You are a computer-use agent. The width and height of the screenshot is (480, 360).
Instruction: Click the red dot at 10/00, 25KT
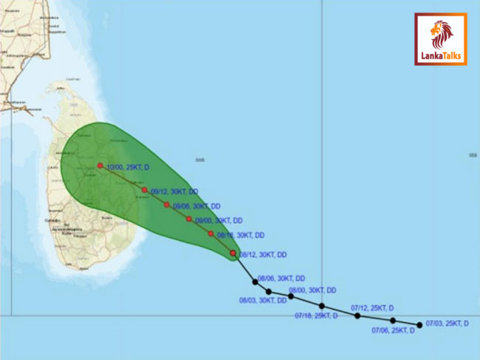(100, 166)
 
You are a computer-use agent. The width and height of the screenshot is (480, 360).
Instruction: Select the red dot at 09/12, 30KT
(145, 190)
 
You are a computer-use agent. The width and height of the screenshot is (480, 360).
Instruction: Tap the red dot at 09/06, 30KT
(167, 205)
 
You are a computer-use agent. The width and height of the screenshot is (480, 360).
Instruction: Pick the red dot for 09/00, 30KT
(189, 219)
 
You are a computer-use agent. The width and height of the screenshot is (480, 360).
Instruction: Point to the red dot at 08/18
(211, 234)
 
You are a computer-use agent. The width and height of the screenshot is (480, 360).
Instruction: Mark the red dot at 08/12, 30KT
(233, 253)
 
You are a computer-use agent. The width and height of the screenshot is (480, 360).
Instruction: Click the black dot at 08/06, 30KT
(255, 282)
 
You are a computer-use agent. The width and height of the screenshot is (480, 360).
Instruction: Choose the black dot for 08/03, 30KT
(269, 291)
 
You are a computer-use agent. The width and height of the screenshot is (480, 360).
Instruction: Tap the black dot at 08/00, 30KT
(291, 296)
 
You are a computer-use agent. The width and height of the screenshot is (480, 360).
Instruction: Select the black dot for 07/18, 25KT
(322, 306)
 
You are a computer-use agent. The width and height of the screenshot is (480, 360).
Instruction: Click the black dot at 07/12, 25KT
(357, 316)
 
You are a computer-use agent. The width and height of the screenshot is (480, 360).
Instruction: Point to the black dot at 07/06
(393, 321)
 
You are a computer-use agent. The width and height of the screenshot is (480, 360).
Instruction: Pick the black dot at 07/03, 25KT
(419, 325)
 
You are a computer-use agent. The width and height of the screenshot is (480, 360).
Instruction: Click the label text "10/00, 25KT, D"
(128, 168)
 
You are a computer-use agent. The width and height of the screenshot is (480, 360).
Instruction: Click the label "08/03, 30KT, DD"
(264, 301)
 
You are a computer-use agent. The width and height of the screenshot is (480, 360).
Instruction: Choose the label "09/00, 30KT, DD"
(219, 220)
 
